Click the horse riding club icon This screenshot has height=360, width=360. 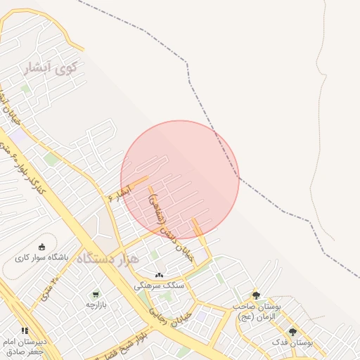(x=42, y=247)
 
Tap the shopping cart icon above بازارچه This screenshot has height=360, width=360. (x=95, y=294)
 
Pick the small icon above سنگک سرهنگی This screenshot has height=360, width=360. (x=159, y=275)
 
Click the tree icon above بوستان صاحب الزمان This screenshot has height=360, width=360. (x=256, y=296)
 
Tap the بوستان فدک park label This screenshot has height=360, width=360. (x=293, y=342)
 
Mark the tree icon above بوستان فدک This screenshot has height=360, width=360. (x=293, y=332)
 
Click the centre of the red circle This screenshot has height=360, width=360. (x=180, y=179)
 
